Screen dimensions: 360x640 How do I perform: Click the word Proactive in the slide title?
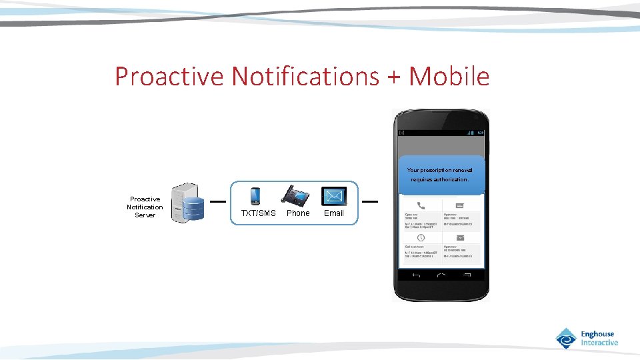click(x=170, y=77)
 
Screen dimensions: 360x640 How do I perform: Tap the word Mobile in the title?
click(x=449, y=77)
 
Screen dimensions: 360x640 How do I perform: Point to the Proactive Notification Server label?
click(x=145, y=207)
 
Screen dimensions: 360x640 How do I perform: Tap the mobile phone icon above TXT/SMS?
click(x=255, y=196)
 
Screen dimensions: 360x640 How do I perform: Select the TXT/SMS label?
click(x=258, y=213)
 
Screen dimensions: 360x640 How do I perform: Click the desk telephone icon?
click(x=295, y=195)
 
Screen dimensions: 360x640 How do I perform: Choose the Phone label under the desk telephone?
click(x=298, y=213)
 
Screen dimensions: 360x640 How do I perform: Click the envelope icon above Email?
click(x=334, y=196)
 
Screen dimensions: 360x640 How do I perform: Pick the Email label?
click(x=334, y=213)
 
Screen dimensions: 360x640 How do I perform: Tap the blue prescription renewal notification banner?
click(x=441, y=175)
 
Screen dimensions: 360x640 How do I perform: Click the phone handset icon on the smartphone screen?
click(x=421, y=205)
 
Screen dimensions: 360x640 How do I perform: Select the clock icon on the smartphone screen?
click(x=421, y=238)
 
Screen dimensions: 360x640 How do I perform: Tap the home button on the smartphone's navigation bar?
click(x=441, y=275)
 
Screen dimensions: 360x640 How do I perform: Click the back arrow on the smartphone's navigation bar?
click(x=416, y=275)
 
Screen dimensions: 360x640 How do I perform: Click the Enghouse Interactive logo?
click(x=587, y=338)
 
